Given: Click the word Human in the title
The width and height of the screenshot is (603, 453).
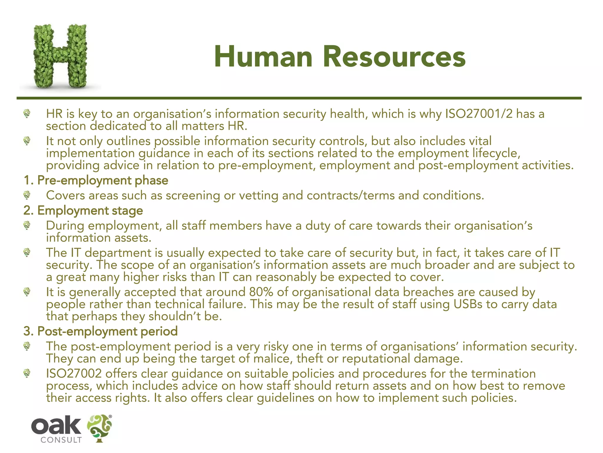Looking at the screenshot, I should pyautogui.click(x=263, y=57).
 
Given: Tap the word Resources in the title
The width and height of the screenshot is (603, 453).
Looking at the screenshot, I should pyautogui.click(x=394, y=57).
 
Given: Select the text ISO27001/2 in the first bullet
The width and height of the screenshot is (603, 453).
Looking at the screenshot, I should pyautogui.click(x=478, y=114).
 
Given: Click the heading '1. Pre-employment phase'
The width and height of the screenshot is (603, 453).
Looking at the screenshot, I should pyautogui.click(x=96, y=180).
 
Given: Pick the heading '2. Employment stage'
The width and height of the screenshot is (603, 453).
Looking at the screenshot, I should pyautogui.click(x=83, y=211).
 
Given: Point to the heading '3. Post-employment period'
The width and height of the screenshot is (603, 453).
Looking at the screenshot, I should pyautogui.click(x=101, y=331).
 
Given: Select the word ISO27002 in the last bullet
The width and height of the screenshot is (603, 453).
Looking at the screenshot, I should pyautogui.click(x=74, y=374).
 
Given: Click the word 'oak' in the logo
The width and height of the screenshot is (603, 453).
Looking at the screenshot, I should pyautogui.click(x=56, y=426).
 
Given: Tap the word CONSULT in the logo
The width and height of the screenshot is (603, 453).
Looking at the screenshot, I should pyautogui.click(x=61, y=440).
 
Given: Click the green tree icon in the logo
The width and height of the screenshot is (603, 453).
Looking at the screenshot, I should pyautogui.click(x=100, y=428).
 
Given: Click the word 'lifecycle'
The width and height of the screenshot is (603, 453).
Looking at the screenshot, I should pyautogui.click(x=496, y=153).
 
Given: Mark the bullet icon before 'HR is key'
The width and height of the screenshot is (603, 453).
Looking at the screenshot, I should pyautogui.click(x=27, y=113).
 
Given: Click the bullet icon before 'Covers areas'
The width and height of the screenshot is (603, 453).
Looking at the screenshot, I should pyautogui.click(x=27, y=195).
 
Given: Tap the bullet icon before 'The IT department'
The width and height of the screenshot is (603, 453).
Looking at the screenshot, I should pyautogui.click(x=27, y=252).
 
